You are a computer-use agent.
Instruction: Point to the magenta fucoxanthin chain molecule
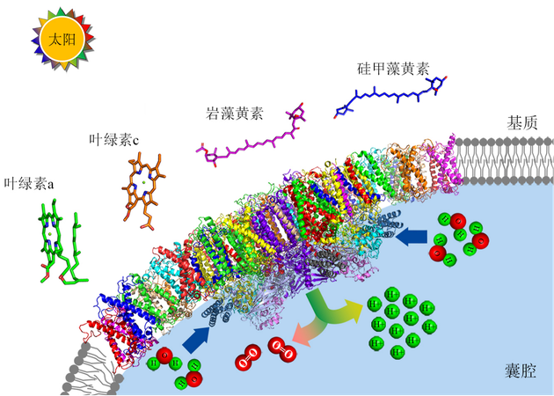[255, 141]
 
